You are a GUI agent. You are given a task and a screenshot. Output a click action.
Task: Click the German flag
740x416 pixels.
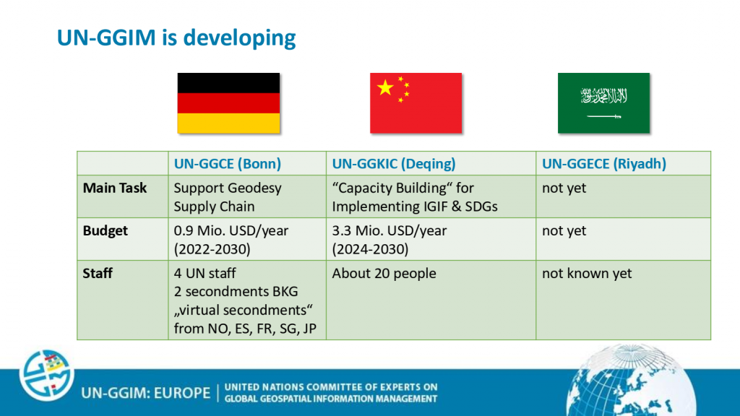click(228, 103)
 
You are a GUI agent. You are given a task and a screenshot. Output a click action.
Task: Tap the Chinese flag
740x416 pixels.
click(416, 103)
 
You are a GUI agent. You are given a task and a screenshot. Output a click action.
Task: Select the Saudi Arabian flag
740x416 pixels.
click(603, 103)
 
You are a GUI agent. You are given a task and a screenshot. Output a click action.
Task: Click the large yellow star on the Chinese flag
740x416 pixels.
click(386, 87)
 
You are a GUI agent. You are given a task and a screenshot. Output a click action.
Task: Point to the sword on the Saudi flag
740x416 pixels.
click(604, 116)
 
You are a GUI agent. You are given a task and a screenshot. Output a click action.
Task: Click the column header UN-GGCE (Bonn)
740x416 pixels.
click(228, 164)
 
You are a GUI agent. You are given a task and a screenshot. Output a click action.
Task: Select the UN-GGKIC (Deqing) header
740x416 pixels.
click(394, 164)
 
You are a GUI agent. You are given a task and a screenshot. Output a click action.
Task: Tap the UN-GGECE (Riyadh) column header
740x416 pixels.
click(604, 164)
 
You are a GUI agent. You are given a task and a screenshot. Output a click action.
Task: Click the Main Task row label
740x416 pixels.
click(115, 188)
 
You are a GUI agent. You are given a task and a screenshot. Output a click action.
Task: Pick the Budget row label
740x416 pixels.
click(106, 230)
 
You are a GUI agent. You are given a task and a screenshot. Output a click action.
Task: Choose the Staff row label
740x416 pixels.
click(98, 273)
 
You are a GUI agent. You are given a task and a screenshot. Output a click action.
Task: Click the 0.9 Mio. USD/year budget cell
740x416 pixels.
click(231, 240)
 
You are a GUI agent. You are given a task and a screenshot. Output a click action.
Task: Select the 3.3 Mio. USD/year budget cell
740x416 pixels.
click(390, 240)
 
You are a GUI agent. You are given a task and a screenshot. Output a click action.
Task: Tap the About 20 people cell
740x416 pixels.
click(384, 273)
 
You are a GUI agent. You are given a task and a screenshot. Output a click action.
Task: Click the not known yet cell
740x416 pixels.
click(587, 273)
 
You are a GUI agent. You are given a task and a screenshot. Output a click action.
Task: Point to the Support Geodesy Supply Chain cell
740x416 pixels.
click(228, 197)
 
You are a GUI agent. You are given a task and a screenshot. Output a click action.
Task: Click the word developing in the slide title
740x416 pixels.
click(239, 38)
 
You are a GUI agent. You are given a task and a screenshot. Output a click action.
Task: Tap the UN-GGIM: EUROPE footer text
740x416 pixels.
click(145, 393)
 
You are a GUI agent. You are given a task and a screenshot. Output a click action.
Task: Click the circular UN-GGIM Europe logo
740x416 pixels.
click(46, 375)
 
